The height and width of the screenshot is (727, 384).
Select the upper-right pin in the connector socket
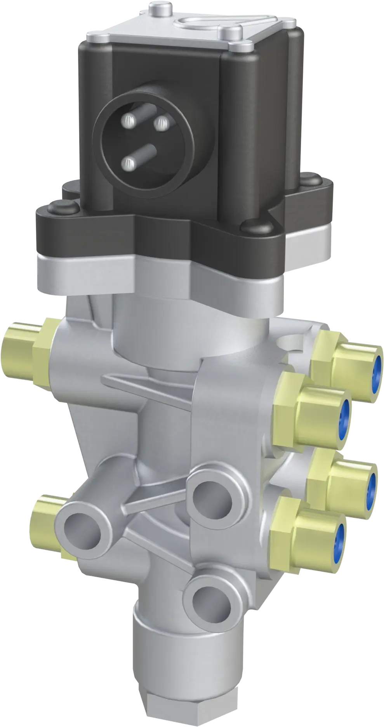160,124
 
